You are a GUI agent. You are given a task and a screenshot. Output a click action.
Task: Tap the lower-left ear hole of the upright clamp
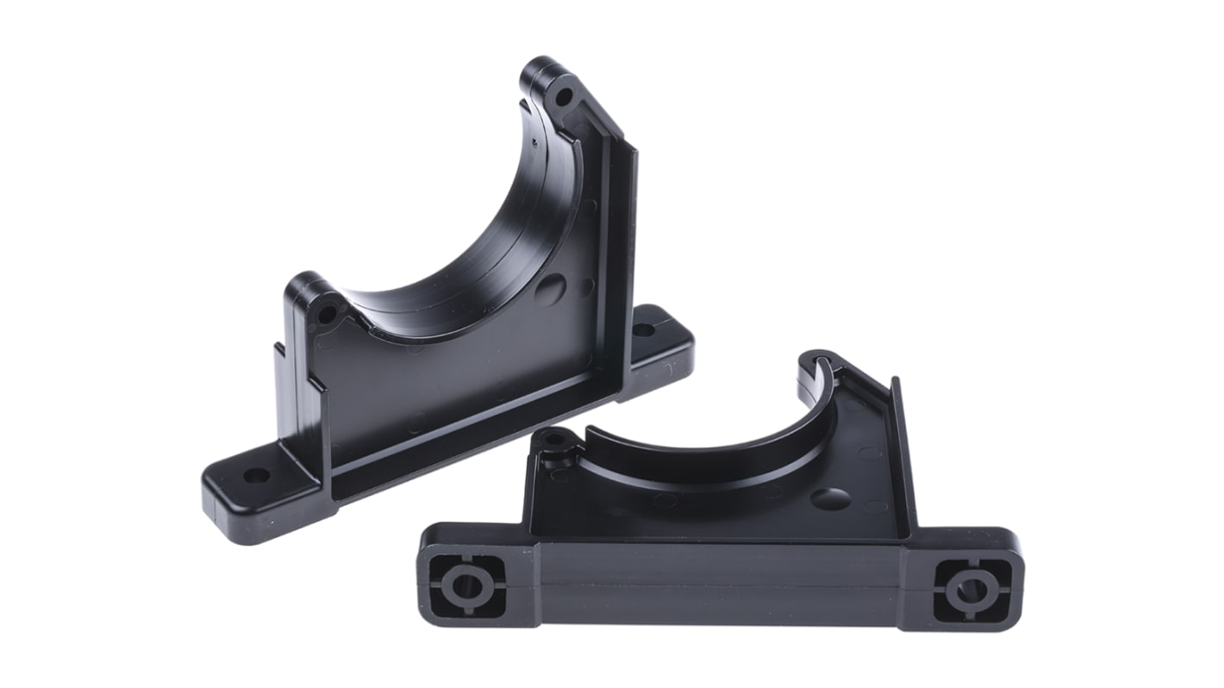pyautogui.click(x=327, y=314)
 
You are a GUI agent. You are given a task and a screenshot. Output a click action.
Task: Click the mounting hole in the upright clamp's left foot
pyautogui.click(x=256, y=475)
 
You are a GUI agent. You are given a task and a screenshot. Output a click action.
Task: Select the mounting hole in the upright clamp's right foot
pyautogui.click(x=643, y=329)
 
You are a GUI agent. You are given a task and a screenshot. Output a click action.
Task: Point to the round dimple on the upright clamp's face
pyautogui.click(x=550, y=290)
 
